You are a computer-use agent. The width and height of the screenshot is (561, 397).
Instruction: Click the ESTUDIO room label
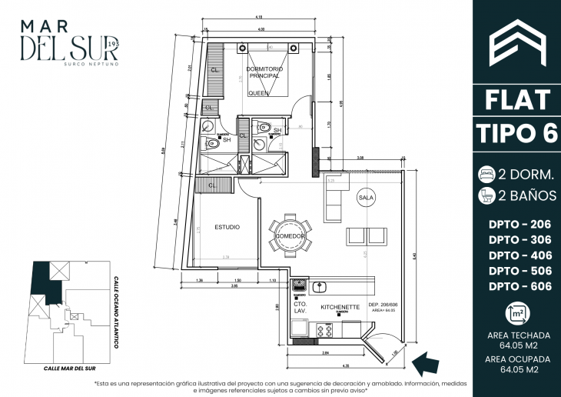227,227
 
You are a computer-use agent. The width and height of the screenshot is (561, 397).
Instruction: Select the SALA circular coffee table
365,198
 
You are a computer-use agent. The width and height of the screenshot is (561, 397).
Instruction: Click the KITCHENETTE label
340,305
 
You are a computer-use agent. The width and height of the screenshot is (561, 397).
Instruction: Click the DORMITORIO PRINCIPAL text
265,73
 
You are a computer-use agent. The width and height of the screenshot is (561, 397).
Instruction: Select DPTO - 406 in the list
519,255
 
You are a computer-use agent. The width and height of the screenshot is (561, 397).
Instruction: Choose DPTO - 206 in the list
519,223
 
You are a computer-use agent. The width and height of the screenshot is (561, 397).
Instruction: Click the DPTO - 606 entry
519,286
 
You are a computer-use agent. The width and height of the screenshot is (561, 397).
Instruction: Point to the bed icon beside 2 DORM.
488,173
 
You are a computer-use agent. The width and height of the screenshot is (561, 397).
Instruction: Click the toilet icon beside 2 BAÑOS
488,195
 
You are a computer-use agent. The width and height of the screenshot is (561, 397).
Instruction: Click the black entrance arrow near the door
423,360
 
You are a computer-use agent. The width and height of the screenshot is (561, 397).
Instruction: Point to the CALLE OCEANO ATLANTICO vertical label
116,312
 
